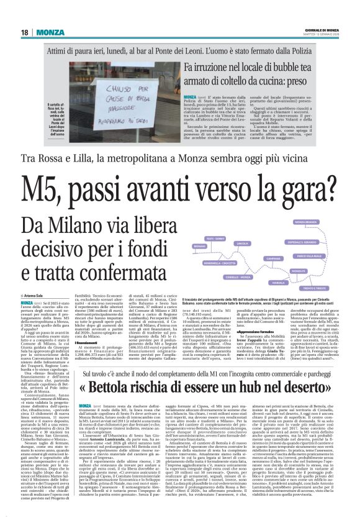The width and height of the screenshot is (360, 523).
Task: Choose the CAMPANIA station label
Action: coord(274,258)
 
